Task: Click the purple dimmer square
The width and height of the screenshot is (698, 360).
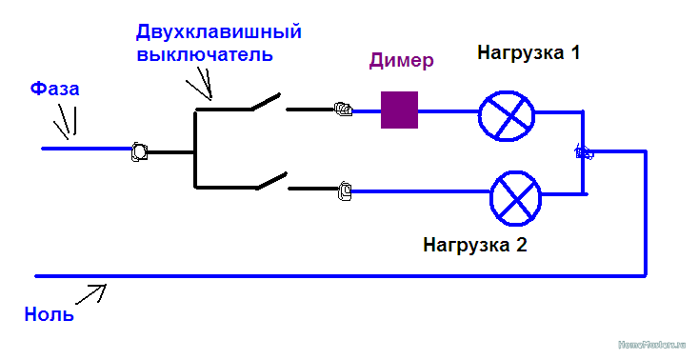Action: point(399,110)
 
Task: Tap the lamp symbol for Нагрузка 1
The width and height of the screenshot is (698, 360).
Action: point(507,113)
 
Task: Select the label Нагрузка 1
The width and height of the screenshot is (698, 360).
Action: point(528,53)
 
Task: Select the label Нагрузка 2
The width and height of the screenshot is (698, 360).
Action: point(475,244)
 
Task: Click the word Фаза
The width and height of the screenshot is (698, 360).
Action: point(54,89)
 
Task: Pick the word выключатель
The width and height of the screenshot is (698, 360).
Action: point(205,54)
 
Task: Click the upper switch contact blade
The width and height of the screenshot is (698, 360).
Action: point(267,101)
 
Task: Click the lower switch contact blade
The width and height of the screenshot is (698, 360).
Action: point(269,179)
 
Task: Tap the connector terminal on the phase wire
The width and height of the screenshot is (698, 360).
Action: point(138,150)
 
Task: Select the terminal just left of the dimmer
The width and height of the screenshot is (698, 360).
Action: point(343,110)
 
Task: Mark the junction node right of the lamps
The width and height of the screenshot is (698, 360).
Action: point(583,151)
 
